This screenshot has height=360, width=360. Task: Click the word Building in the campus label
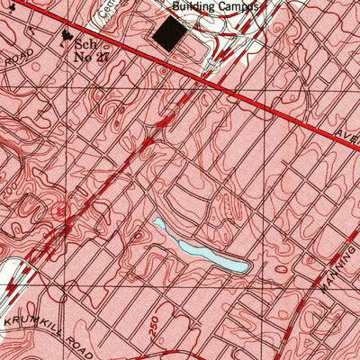tap(197, 5)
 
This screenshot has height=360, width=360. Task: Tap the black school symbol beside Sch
tap(65, 37)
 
